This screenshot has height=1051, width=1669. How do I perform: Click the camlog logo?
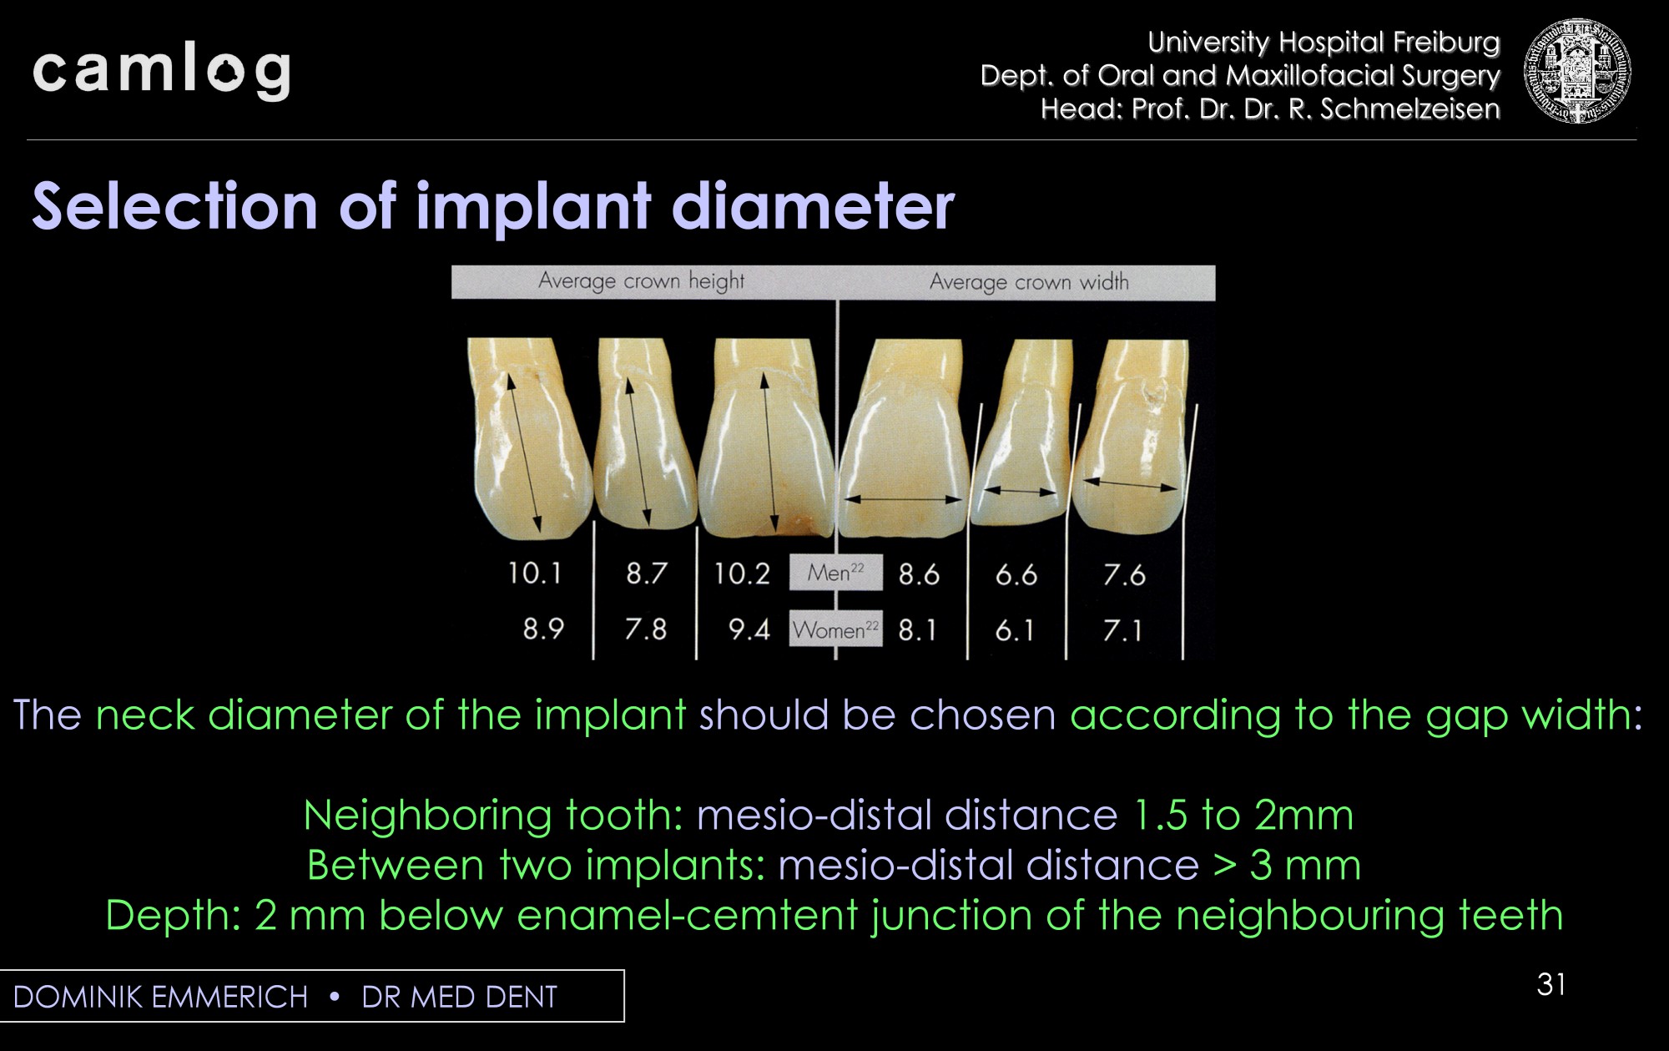pos(161,71)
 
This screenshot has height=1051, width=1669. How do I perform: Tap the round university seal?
pos(1576,71)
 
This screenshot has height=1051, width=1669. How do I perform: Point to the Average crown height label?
pos(641,281)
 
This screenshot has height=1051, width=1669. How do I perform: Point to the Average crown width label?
pos(1029,282)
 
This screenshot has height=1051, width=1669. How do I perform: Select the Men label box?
pos(835,573)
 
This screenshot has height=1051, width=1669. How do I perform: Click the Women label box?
pos(835,629)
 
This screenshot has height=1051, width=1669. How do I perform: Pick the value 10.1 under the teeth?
pos(535,574)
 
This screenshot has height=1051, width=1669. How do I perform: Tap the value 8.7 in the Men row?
pos(647,574)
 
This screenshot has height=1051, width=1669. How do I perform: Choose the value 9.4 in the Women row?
pos(749,629)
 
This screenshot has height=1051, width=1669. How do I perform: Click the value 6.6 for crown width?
pos(1016,574)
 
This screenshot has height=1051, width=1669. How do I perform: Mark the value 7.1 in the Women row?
pos(1122,630)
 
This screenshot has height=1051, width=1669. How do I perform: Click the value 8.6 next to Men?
pos(919,574)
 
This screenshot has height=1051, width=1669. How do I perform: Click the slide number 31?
pos(1551,985)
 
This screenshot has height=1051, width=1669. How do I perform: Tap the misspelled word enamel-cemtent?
pos(688,915)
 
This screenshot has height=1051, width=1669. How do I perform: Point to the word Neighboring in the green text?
pos(427,816)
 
